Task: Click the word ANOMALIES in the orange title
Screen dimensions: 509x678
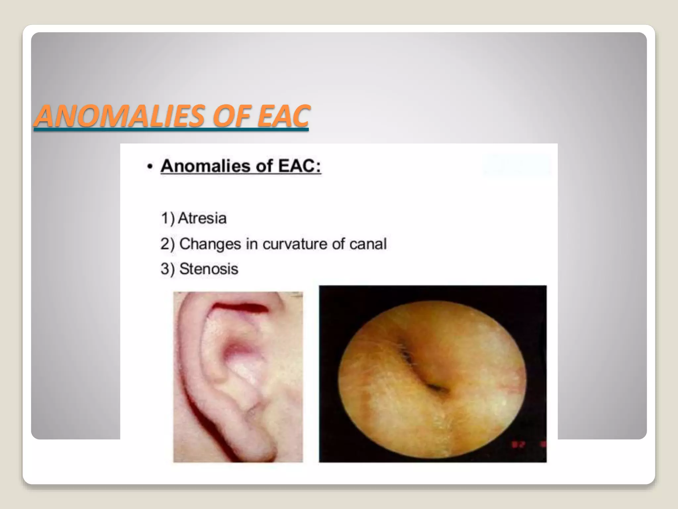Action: pos(119,116)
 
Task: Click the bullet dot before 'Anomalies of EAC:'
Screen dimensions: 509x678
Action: pos(150,167)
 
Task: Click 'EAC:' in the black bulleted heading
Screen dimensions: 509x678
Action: pos(299,166)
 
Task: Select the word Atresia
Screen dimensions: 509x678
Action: pos(202,218)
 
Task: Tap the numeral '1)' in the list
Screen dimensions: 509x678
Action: pos(168,218)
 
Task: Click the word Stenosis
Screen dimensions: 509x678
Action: pos(209,269)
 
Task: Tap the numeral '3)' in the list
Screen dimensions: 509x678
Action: pos(168,269)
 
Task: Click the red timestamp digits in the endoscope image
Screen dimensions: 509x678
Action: pos(518,444)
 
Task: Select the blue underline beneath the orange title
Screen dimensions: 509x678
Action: pos(171,130)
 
